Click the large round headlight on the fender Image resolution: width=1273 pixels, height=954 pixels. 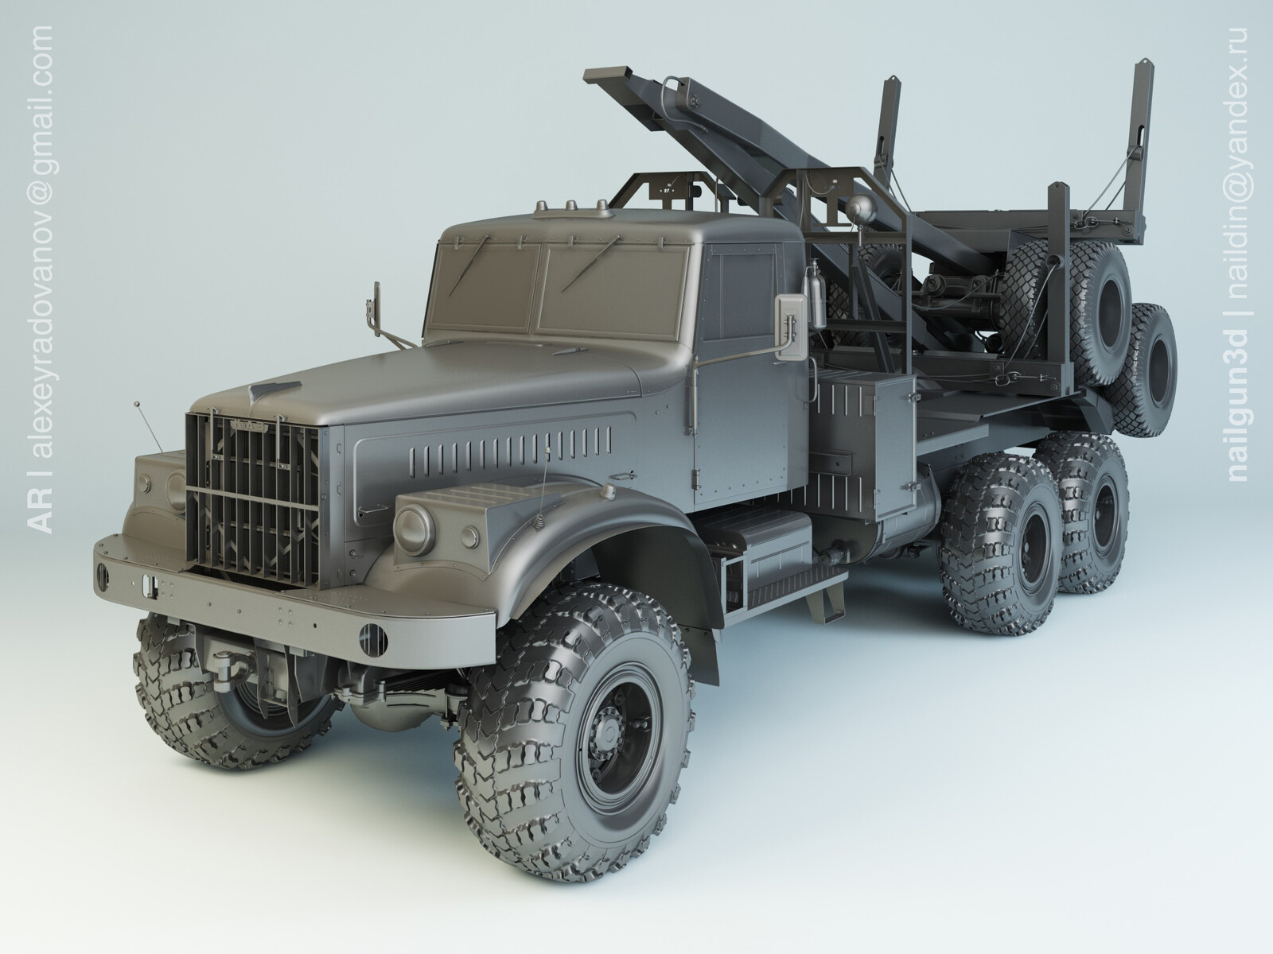[414, 529]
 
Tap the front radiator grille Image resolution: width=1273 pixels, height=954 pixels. [252, 500]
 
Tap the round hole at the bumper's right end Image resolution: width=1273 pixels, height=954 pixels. [372, 638]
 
